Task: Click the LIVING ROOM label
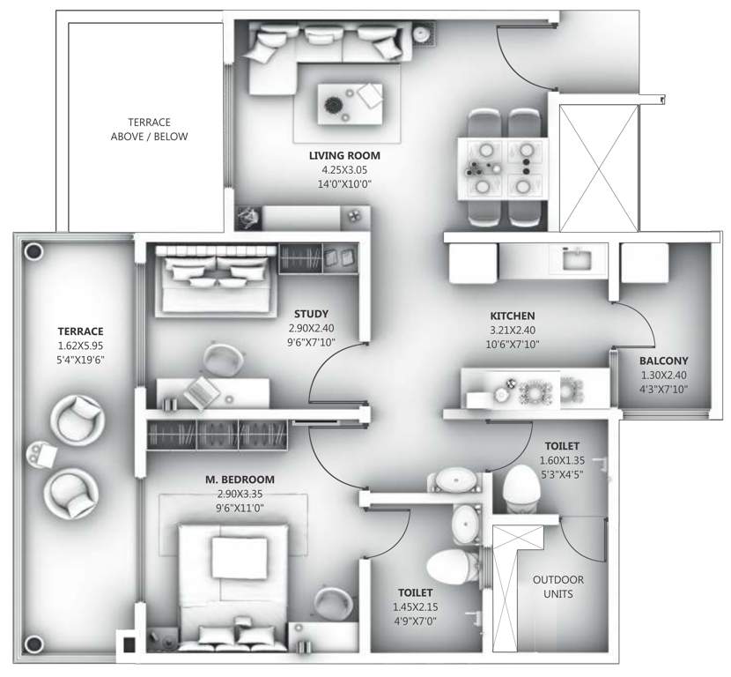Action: pos(344,156)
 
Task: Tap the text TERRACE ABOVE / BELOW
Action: pos(149,130)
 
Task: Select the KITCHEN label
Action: pos(513,315)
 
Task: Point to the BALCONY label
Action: pos(664,361)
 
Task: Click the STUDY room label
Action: pos(312,313)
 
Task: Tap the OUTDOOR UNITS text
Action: pos(558,586)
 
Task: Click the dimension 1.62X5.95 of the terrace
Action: pos(81,346)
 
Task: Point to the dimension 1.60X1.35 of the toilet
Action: pos(561,460)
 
